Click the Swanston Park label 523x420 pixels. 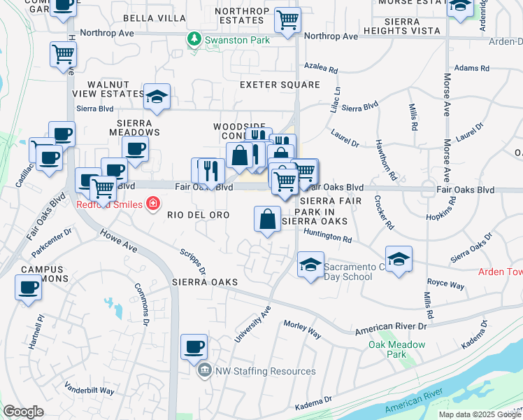pyautogui.click(x=237, y=40)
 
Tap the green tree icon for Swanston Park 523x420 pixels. pyautogui.click(x=195, y=40)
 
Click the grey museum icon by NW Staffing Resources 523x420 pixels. pyautogui.click(x=204, y=371)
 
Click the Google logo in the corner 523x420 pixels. pyautogui.click(x=23, y=412)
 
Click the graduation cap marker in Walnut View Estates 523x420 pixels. pyautogui.click(x=157, y=97)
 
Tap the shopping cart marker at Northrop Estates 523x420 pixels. pyautogui.click(x=287, y=21)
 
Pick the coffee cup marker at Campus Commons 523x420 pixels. pyautogui.click(x=29, y=288)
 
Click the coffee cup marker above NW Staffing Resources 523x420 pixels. pyautogui.click(x=194, y=346)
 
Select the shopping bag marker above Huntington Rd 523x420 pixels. pyautogui.click(x=267, y=220)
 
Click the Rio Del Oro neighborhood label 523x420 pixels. pyautogui.click(x=199, y=216)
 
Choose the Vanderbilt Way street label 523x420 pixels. pyautogui.click(x=89, y=391)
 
